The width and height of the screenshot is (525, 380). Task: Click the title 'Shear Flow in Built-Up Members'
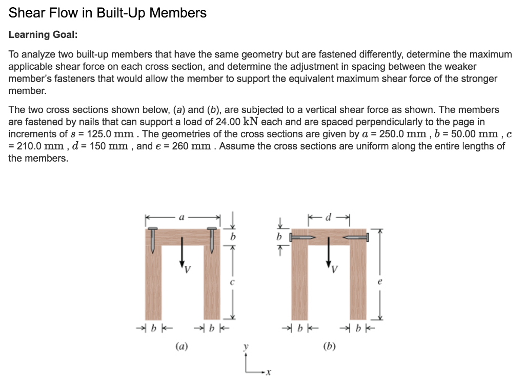coord(108,13)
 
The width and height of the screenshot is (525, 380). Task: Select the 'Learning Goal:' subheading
coord(43,34)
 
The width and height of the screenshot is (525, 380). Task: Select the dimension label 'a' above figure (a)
coord(182,218)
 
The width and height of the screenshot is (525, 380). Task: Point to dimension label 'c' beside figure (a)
coord(232,281)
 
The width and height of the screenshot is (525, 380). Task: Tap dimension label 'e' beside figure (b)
coord(379,281)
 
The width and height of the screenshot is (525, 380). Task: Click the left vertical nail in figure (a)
coord(153,240)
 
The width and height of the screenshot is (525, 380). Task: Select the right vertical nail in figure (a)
coord(211,240)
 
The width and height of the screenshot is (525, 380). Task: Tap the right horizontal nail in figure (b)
coord(355,238)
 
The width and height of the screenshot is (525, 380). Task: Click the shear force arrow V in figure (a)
coord(181,252)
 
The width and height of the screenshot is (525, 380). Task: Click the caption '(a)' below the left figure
coord(181,347)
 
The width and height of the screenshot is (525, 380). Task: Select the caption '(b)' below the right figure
coord(329,347)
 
